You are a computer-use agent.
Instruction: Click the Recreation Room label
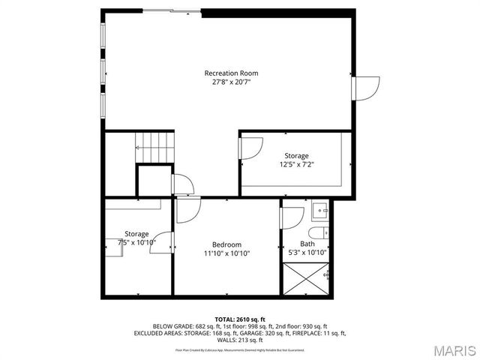(231, 73)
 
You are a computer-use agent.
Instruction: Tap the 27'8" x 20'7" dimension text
(231, 82)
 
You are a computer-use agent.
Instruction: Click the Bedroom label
(226, 244)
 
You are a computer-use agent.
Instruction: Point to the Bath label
(307, 244)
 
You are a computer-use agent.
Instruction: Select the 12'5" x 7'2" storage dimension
(296, 164)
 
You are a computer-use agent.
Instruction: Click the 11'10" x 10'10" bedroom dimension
(226, 253)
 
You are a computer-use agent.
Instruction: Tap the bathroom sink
(319, 210)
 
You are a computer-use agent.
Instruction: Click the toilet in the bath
(319, 232)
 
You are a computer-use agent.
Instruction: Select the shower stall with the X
(306, 282)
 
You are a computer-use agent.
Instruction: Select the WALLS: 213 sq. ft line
(240, 340)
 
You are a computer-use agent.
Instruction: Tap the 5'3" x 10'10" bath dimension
(307, 253)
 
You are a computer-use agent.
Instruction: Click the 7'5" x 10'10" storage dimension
(136, 243)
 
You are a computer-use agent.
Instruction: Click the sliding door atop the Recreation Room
(171, 10)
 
